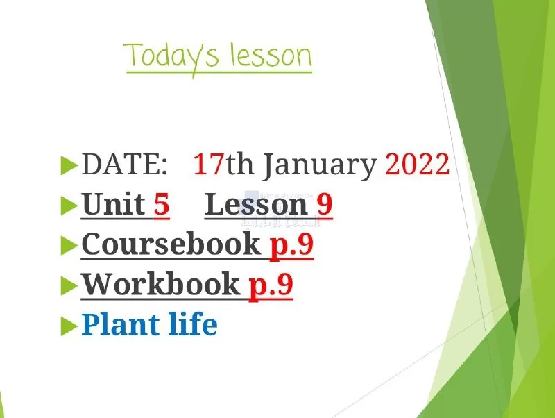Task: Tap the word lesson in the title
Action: pos(271,55)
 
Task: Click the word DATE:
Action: pos(124,164)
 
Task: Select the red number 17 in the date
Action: pos(209,164)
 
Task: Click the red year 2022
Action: pos(418,164)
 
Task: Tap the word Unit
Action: pos(114,204)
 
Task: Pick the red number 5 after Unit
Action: pos(162,204)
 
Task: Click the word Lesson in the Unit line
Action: pos(256,204)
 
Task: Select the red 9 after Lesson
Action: pos(325,204)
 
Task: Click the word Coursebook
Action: pos(171,244)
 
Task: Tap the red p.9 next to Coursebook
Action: pos(292,246)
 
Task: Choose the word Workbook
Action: pos(161,284)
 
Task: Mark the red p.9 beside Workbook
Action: pos(271,286)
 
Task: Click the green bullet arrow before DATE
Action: pos(69,165)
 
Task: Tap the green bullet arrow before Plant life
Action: pos(69,326)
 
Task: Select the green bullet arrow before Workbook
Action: pos(69,286)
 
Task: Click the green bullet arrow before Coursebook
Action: pos(69,246)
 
